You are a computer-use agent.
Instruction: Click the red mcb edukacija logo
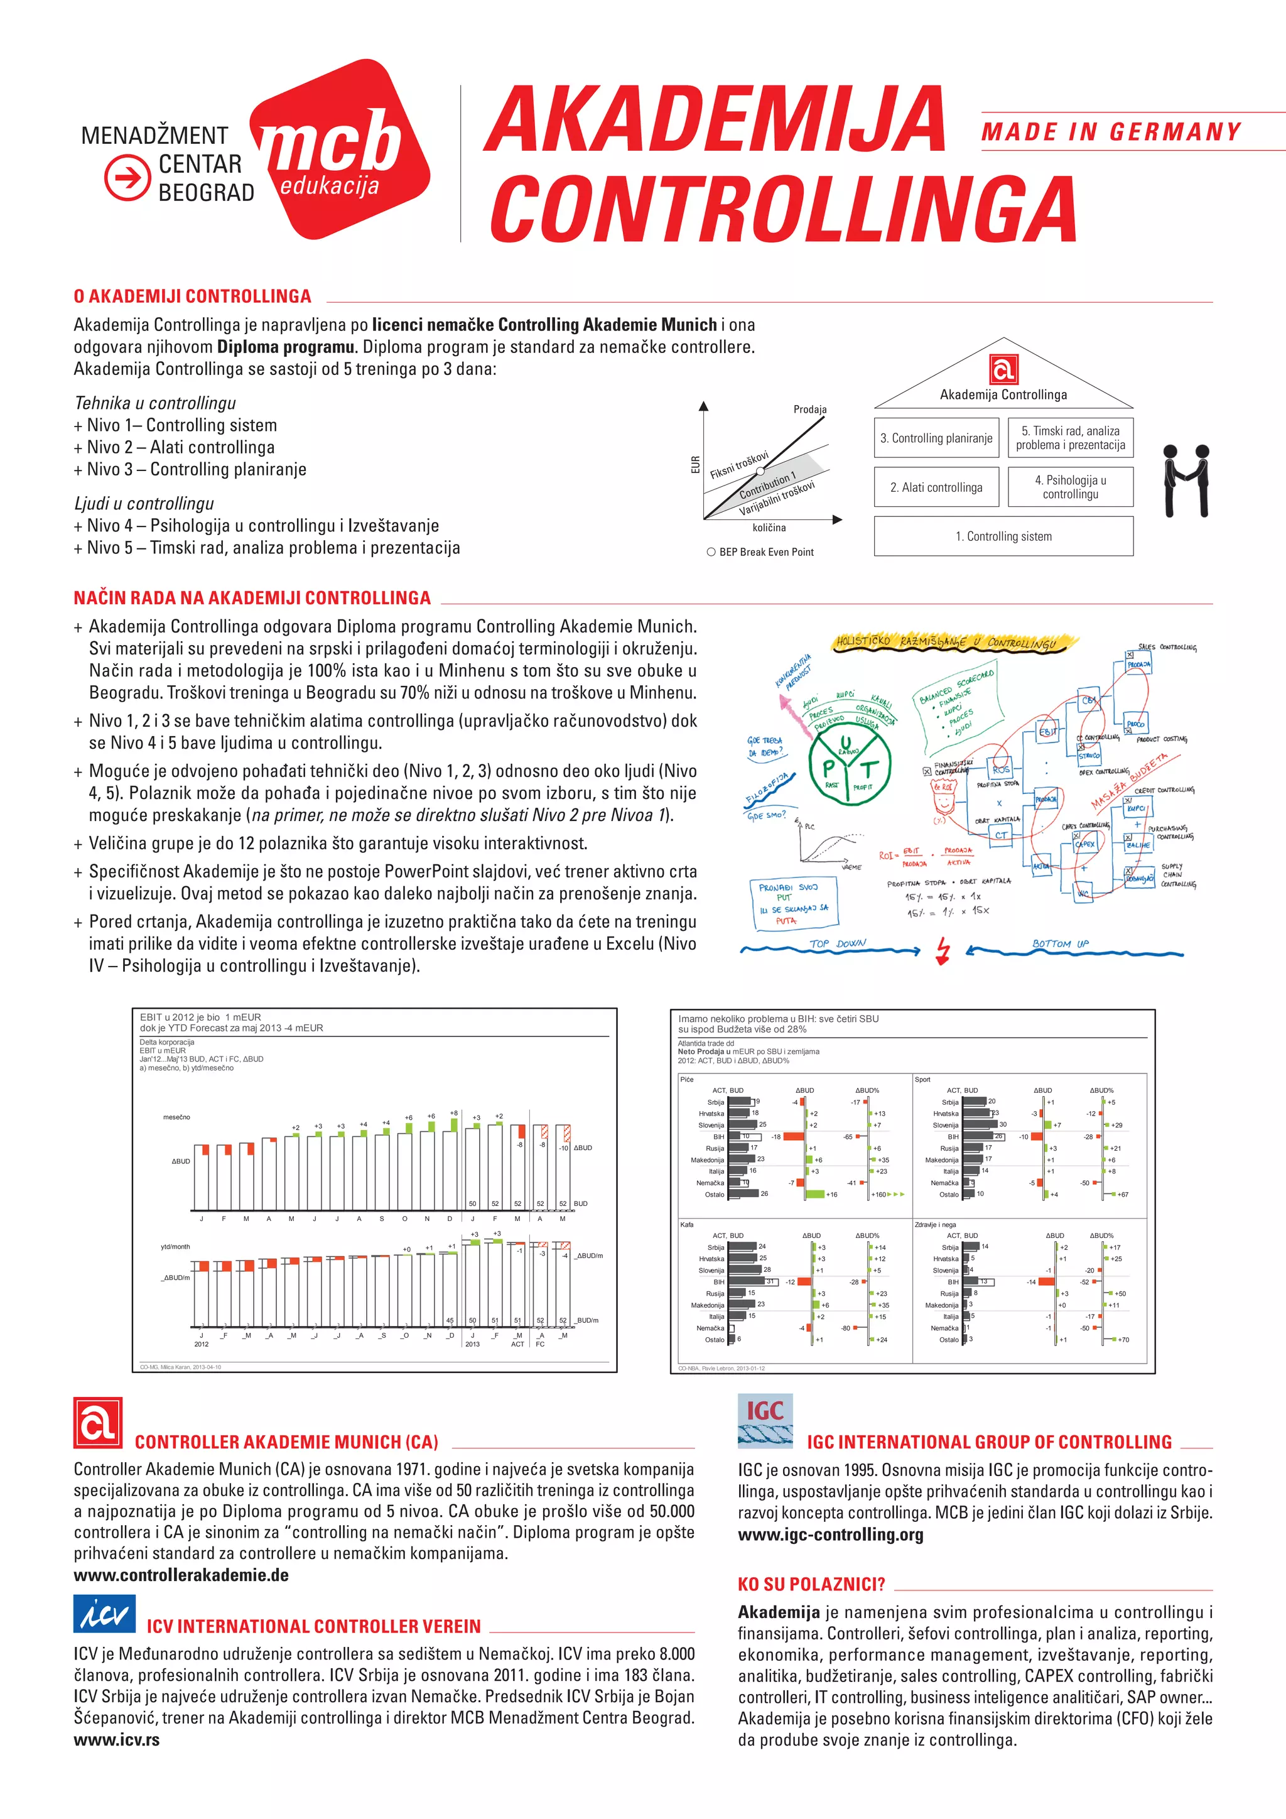pos(340,151)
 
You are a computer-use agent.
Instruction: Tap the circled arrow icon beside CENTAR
pos(127,176)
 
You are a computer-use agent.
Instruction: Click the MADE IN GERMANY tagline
pos(1111,131)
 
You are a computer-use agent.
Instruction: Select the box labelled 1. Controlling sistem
pos(1003,536)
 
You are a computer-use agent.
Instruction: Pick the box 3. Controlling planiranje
pos(936,438)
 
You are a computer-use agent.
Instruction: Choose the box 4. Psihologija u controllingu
pos(1071,487)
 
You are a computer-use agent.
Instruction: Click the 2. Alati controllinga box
pos(936,487)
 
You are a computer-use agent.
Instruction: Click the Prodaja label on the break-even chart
pos(809,410)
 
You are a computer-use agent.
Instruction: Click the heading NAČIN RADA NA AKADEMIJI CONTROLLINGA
pos(252,597)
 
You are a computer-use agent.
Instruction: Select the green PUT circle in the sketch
pos(849,764)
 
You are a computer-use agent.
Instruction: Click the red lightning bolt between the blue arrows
pos(943,950)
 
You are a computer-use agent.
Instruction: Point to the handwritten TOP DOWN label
pos(837,943)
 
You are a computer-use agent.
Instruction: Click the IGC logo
pos(765,1421)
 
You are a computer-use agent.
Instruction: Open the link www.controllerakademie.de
pos(181,1575)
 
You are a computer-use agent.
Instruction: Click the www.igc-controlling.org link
pos(831,1534)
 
